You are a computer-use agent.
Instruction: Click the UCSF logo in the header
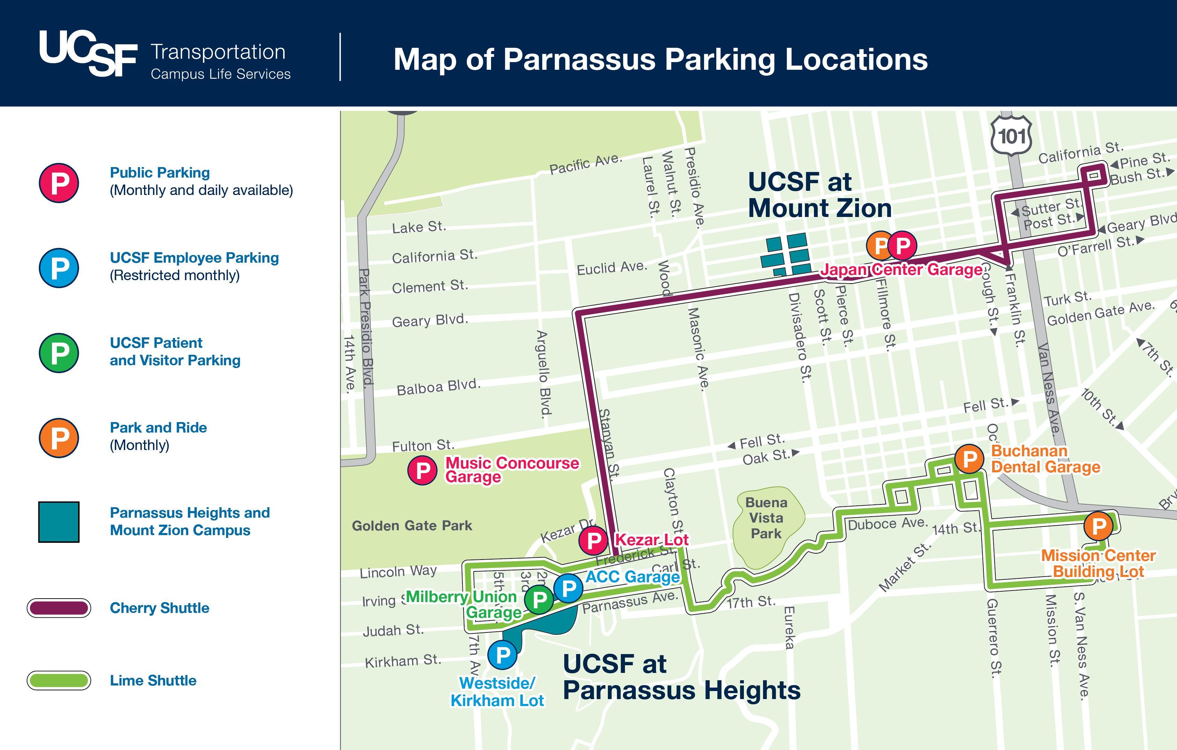(x=88, y=53)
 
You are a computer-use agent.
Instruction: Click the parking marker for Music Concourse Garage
(x=422, y=470)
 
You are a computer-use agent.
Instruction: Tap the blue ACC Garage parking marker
(x=568, y=588)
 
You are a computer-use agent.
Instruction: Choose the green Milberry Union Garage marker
(x=539, y=599)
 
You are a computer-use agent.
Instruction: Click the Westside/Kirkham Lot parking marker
(x=503, y=655)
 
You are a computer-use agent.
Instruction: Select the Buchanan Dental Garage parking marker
(x=969, y=459)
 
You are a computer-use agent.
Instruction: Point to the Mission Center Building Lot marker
(x=1098, y=526)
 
